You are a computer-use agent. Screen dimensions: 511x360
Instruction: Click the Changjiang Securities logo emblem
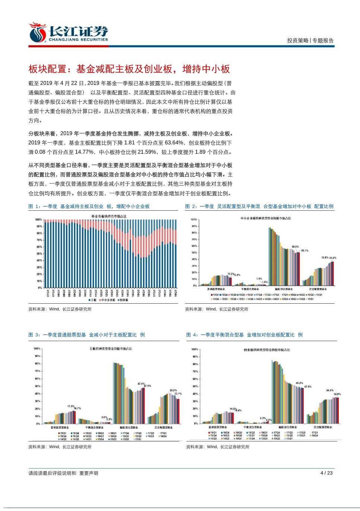click(x=37, y=33)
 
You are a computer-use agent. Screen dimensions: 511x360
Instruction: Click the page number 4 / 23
click(x=326, y=473)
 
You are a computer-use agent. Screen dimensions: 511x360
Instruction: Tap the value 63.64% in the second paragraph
click(x=174, y=143)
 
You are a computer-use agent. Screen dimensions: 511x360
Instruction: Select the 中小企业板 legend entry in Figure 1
click(x=108, y=300)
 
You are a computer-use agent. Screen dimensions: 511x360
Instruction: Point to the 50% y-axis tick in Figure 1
click(x=39, y=254)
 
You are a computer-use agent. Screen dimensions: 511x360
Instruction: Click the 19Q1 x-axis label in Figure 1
click(x=176, y=293)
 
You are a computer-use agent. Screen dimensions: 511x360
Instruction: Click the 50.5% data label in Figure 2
click(x=295, y=247)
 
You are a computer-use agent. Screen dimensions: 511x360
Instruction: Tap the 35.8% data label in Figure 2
click(x=325, y=258)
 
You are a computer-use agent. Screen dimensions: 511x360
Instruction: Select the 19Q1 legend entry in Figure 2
click(x=215, y=295)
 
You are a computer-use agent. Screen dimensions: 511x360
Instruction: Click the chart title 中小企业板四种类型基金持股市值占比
click(x=265, y=218)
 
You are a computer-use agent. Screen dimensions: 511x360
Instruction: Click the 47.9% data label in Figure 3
click(x=147, y=386)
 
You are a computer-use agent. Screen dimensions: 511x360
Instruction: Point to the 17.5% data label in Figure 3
click(x=71, y=406)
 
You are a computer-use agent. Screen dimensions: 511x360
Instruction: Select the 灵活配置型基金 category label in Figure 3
click(x=163, y=428)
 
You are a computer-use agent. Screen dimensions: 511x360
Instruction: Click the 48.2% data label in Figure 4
click(x=299, y=383)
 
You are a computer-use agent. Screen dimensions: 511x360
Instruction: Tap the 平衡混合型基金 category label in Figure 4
click(x=253, y=427)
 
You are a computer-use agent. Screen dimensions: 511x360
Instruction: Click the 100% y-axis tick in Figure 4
click(x=195, y=349)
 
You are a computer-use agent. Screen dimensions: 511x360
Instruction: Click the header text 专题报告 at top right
click(x=323, y=41)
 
